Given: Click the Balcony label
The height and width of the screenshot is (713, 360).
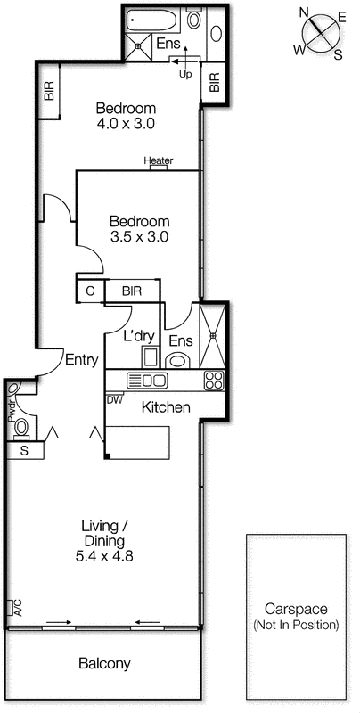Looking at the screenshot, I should [104, 664].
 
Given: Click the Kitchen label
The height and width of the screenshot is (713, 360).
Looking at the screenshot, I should [167, 407].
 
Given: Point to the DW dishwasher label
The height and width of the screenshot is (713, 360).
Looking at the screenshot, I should [114, 400].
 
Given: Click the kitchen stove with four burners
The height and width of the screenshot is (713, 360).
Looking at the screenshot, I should [214, 381].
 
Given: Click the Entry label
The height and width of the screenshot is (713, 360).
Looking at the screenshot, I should [81, 360].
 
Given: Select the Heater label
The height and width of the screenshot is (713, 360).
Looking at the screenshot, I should [158, 161].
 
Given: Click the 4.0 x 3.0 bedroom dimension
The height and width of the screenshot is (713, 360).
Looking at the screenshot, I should [127, 125].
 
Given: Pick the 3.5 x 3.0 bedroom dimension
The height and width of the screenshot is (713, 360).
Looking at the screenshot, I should [139, 237].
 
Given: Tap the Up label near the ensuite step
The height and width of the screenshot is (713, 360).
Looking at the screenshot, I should [185, 74].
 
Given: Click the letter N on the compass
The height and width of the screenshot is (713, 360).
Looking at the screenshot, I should [304, 13].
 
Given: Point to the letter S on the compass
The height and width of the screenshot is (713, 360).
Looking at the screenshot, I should [338, 53].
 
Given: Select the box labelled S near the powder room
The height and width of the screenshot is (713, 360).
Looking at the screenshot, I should [24, 451].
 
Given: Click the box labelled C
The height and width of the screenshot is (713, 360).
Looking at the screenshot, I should [90, 291].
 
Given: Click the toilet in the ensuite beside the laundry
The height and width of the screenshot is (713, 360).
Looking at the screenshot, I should [177, 359].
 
